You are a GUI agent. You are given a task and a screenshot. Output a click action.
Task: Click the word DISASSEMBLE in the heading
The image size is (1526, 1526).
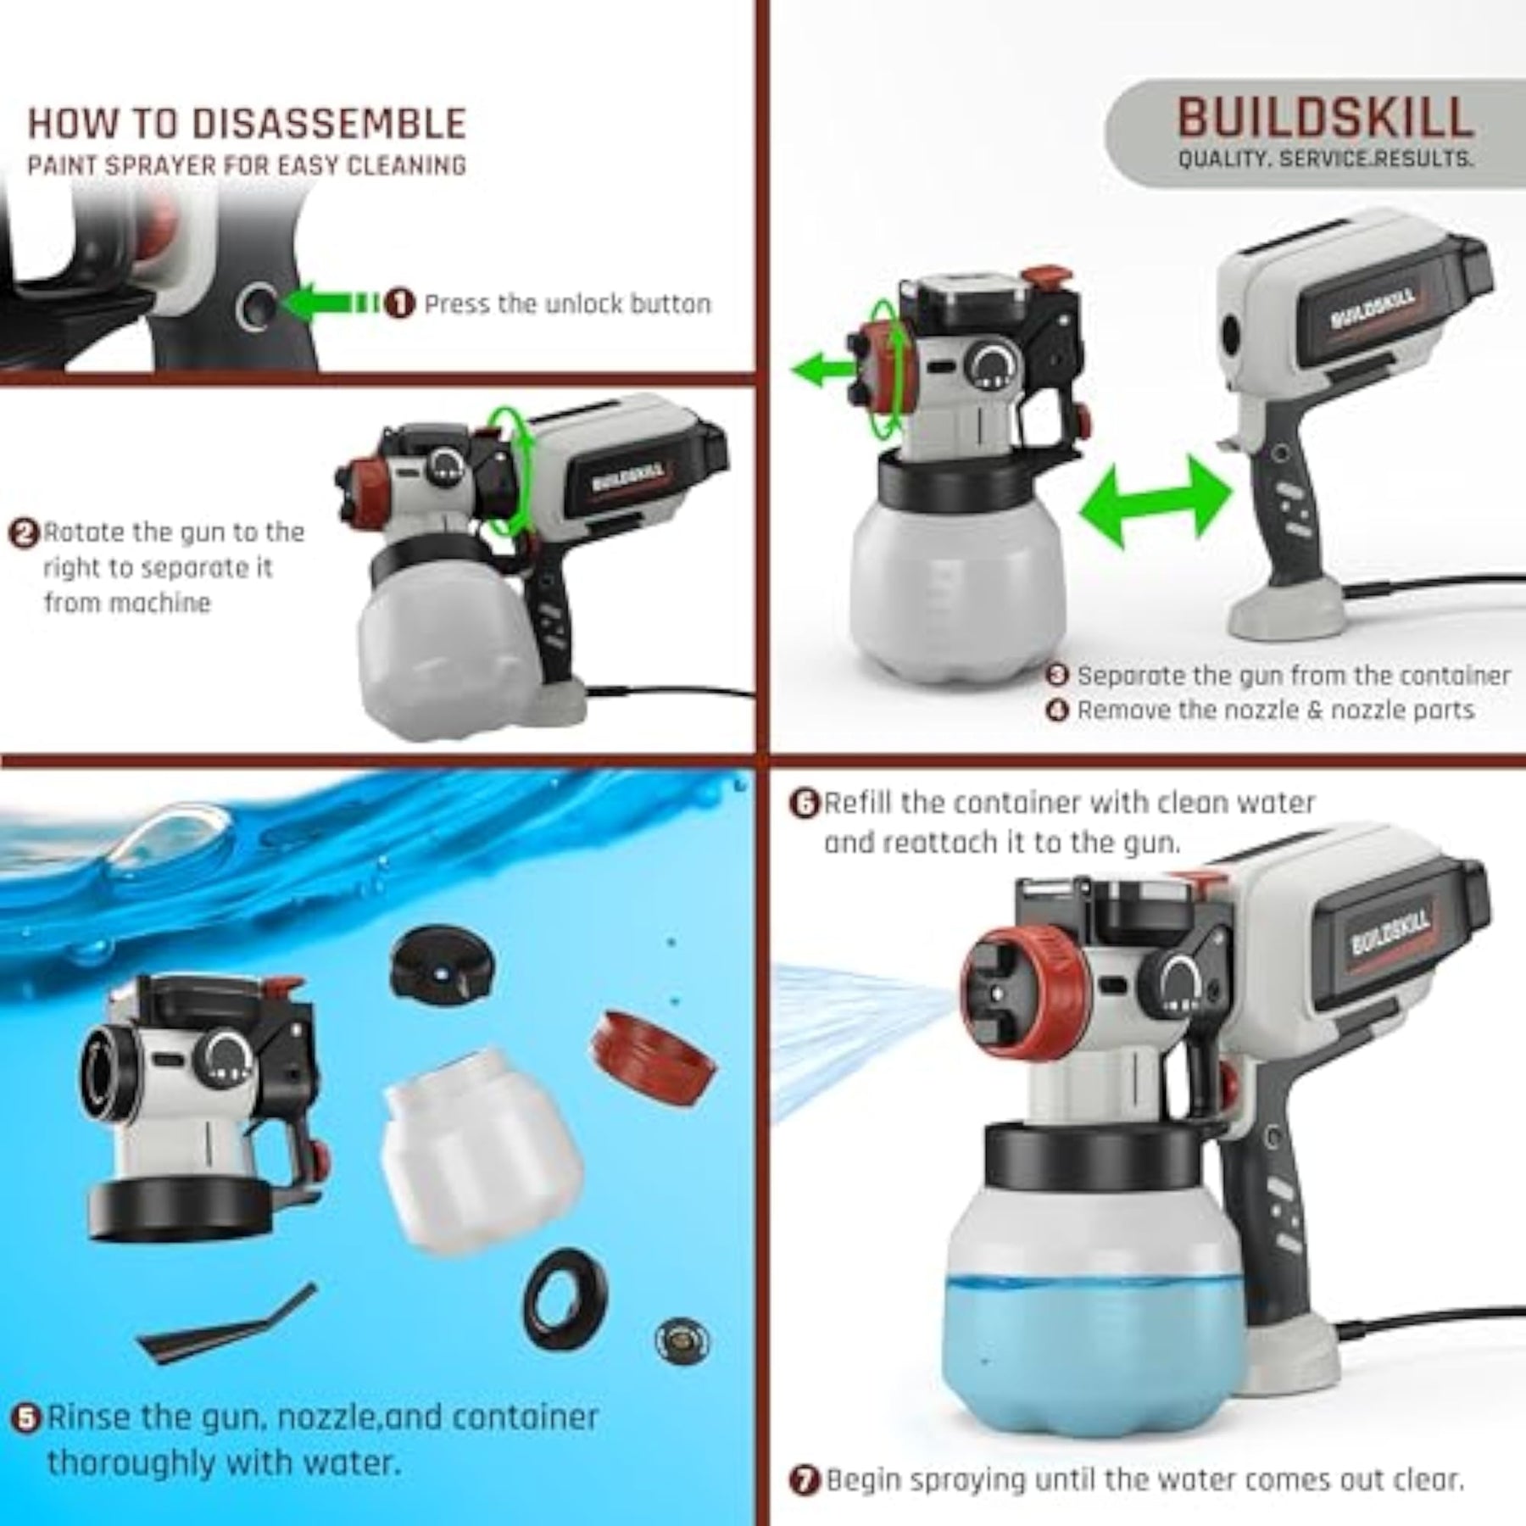point(330,124)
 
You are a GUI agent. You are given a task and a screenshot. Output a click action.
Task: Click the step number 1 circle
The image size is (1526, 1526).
point(400,304)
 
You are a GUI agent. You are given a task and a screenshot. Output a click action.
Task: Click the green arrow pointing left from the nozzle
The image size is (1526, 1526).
point(822,370)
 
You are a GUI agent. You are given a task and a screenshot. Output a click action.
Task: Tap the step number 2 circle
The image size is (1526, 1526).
point(24,533)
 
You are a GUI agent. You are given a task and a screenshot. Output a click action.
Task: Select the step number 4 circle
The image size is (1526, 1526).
point(1057,709)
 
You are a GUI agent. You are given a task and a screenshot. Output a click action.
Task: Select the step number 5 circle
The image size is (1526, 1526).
point(28,1417)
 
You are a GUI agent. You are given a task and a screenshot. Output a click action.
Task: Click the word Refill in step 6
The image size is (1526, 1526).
point(866,802)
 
